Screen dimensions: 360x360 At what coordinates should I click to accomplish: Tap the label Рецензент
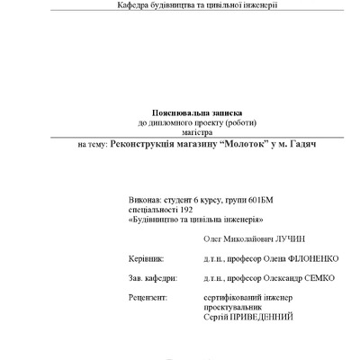click(x=148, y=296)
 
